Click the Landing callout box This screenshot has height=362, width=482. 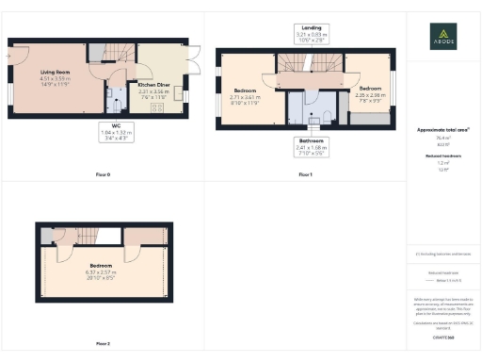click(x=304, y=34)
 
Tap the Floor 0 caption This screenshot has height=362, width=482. click(x=103, y=175)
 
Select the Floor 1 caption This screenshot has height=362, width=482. click(x=304, y=175)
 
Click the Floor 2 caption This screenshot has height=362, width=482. click(x=103, y=344)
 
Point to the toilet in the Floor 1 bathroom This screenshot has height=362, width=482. click(x=314, y=118)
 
